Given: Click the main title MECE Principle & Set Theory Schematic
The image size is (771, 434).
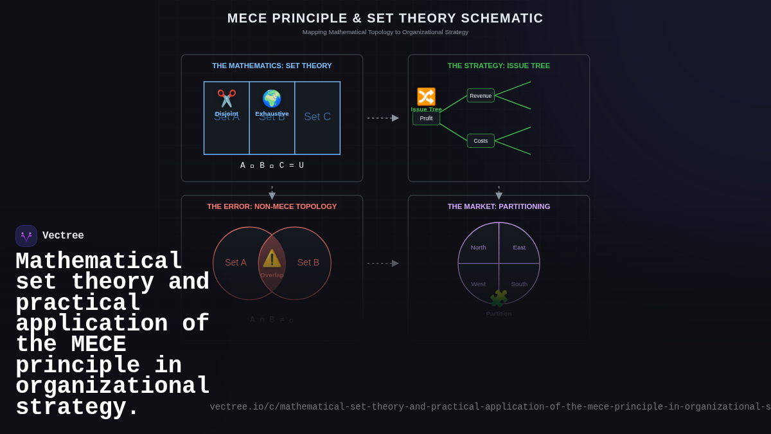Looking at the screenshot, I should click(x=385, y=19).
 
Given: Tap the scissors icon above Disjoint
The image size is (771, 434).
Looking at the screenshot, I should click(x=226, y=98).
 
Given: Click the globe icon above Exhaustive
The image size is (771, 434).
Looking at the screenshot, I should click(x=272, y=98).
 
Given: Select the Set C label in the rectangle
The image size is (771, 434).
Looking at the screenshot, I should click(x=317, y=117).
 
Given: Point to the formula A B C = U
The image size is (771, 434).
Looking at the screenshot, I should click(x=272, y=166).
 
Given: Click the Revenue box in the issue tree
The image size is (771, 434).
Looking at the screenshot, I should click(x=481, y=96).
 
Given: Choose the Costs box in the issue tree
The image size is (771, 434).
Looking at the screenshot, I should click(x=481, y=141).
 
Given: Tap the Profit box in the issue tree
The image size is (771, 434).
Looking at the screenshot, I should click(x=426, y=118).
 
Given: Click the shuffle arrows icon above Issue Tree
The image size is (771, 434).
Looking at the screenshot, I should click(x=426, y=96).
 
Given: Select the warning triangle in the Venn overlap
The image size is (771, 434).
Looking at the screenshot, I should click(x=272, y=258).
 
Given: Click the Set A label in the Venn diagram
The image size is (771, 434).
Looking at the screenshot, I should click(x=235, y=262).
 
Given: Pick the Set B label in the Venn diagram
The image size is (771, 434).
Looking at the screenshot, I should click(x=308, y=262).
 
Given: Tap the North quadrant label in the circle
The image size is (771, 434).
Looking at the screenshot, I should click(x=478, y=248).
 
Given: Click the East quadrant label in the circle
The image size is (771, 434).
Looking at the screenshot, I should click(x=519, y=248).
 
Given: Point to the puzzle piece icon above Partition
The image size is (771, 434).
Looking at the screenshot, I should click(x=499, y=299).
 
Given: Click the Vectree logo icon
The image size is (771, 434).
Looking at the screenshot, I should click(x=26, y=236).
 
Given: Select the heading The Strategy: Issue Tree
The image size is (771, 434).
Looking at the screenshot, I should click(x=499, y=66).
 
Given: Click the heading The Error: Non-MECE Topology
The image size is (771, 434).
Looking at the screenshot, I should click(x=272, y=206).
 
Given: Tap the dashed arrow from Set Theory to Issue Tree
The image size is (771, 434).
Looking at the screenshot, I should click(x=383, y=118).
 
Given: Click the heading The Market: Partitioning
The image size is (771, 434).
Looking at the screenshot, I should click(x=499, y=206).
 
